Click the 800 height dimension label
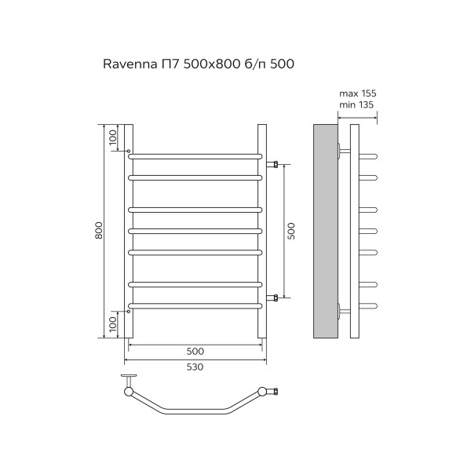click(99, 231)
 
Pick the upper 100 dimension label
click(113, 137)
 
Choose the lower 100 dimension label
click(113, 323)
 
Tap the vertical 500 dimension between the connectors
click(290, 231)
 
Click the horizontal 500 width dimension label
click(195, 351)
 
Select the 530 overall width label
click(195, 367)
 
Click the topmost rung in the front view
click(195, 155)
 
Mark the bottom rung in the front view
click(195, 305)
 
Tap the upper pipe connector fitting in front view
click(273, 165)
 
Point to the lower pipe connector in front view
click(273, 298)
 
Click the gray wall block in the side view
click(324, 231)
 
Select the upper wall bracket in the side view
click(342, 151)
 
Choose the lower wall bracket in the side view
click(342, 310)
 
